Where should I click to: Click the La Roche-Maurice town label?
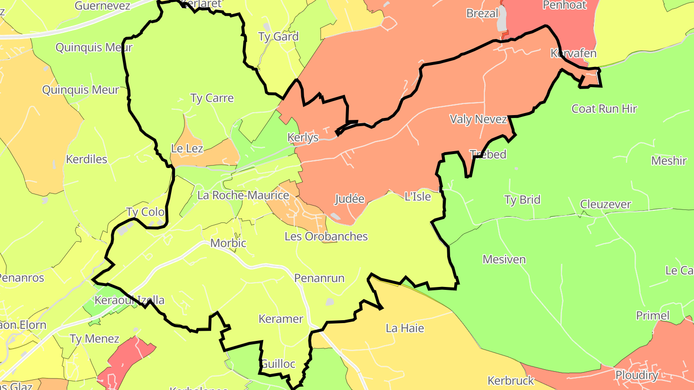coord(243,195)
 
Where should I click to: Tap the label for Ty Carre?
coord(212,98)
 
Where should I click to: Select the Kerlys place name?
coord(303,138)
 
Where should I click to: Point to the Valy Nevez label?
coord(478,119)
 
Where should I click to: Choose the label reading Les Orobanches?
coord(326,236)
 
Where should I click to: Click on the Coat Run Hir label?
coord(604,109)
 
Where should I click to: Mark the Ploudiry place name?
coord(637,375)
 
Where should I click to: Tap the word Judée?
coord(349,199)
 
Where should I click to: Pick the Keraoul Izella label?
coord(130,300)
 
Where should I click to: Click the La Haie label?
coord(405,328)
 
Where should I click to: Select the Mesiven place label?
coord(504,260)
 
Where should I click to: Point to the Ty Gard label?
coord(279,37)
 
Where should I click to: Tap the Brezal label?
coord(482,13)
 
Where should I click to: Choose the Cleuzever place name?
coord(606,205)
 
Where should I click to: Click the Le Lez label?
coord(187,148)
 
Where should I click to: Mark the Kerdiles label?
coord(87,159)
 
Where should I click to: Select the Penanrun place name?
coord(320,278)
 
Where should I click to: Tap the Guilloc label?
coord(278,364)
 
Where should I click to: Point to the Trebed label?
coord(488,155)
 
